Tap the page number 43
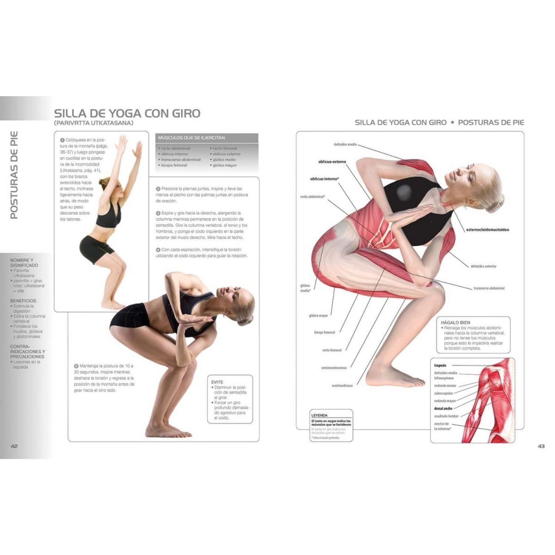coord(541,446)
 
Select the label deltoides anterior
coord(483,266)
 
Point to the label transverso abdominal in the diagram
coord(489,288)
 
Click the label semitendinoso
coord(342,385)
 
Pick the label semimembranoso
coord(337,368)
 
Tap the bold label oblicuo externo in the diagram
coord(332,162)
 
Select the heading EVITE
coord(217,382)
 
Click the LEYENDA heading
coord(320,415)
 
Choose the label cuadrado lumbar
coord(446,416)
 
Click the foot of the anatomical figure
coord(407,381)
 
